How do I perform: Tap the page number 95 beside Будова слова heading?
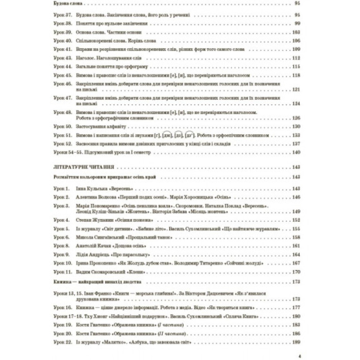coord(297,4)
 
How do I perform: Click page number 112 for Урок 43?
coord(296,58)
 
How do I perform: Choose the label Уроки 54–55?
coord(68,152)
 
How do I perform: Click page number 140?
coord(296,152)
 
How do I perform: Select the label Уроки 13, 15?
coord(66,293)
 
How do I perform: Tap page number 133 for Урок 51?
coord(296,136)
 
